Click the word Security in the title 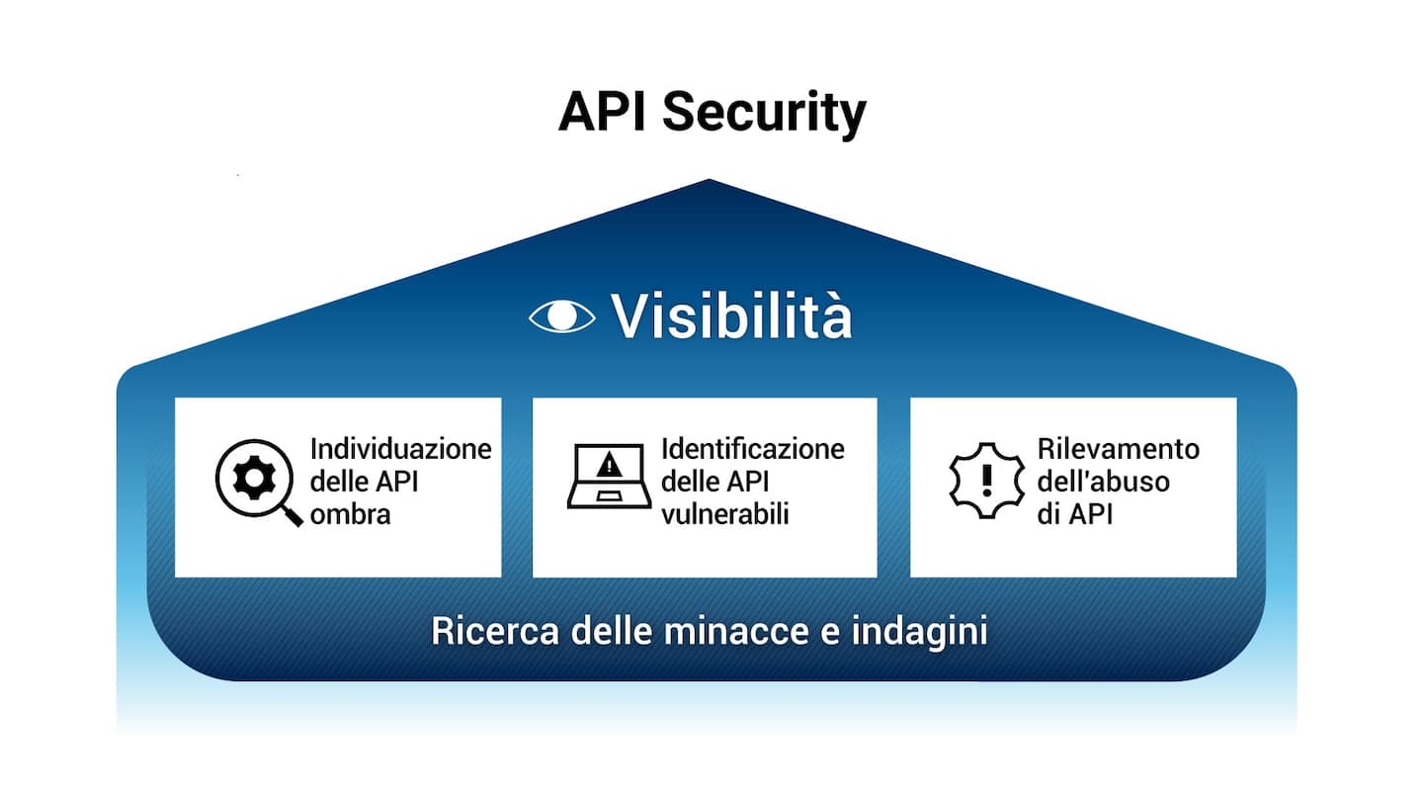tap(764, 113)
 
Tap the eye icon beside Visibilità tap(561, 315)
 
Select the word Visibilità tap(731, 316)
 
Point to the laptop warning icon tap(609, 477)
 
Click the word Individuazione tap(400, 448)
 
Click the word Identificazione tap(753, 448)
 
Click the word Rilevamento tap(1118, 448)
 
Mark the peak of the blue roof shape tap(709, 181)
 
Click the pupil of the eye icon tap(561, 315)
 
